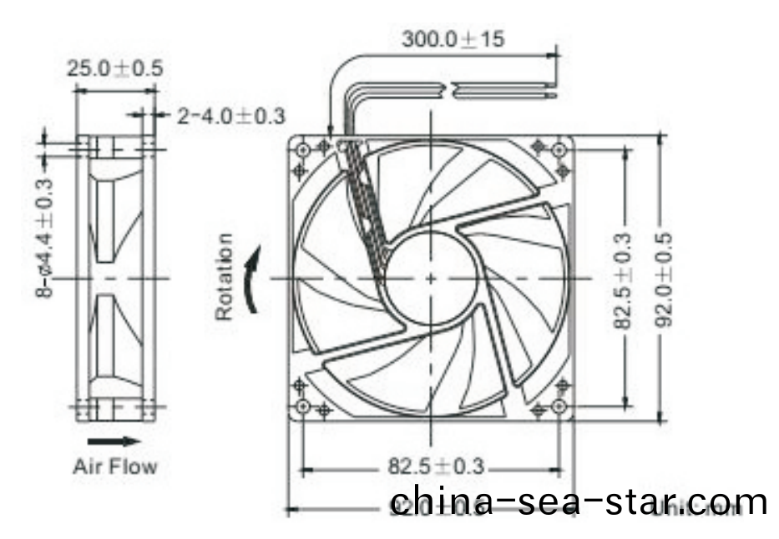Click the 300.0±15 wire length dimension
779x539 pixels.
pyautogui.click(x=453, y=39)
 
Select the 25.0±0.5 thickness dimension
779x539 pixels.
pyautogui.click(x=115, y=68)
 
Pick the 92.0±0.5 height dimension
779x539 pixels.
pyautogui.click(x=665, y=279)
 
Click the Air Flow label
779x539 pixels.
pyautogui.click(x=114, y=465)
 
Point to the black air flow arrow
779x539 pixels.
pyautogui.click(x=109, y=440)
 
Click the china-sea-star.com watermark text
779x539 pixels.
pyautogui.click(x=579, y=501)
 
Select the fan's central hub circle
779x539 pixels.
pyautogui.click(x=430, y=277)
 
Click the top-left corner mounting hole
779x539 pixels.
pyautogui.click(x=302, y=149)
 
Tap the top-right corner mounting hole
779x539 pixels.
pyautogui.click(x=560, y=149)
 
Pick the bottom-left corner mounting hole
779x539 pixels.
pyautogui.click(x=302, y=408)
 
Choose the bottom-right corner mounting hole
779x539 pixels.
pyautogui.click(x=560, y=408)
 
